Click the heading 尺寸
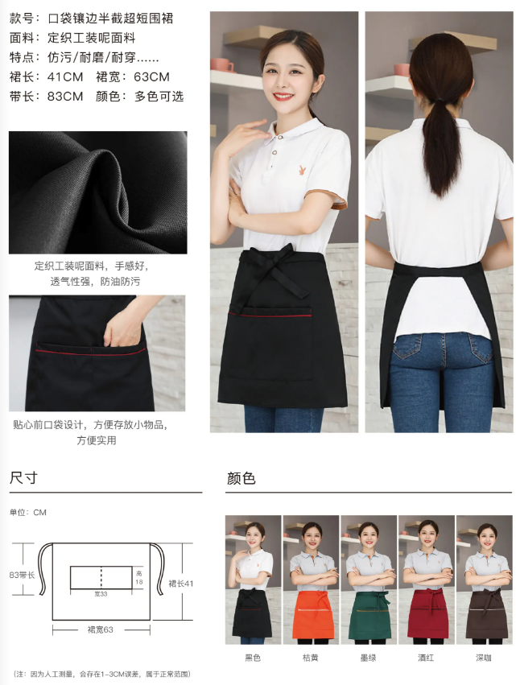coord(23,478)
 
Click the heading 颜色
coord(241,478)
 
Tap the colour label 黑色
coord(254,658)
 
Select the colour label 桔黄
coord(312,658)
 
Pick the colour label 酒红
coord(427,658)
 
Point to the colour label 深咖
coord(484,658)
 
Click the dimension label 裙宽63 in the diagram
coord(101,629)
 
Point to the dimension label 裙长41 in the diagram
coord(182,583)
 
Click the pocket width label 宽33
coord(101,593)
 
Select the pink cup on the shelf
coord(221,64)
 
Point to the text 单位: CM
coord(28,512)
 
